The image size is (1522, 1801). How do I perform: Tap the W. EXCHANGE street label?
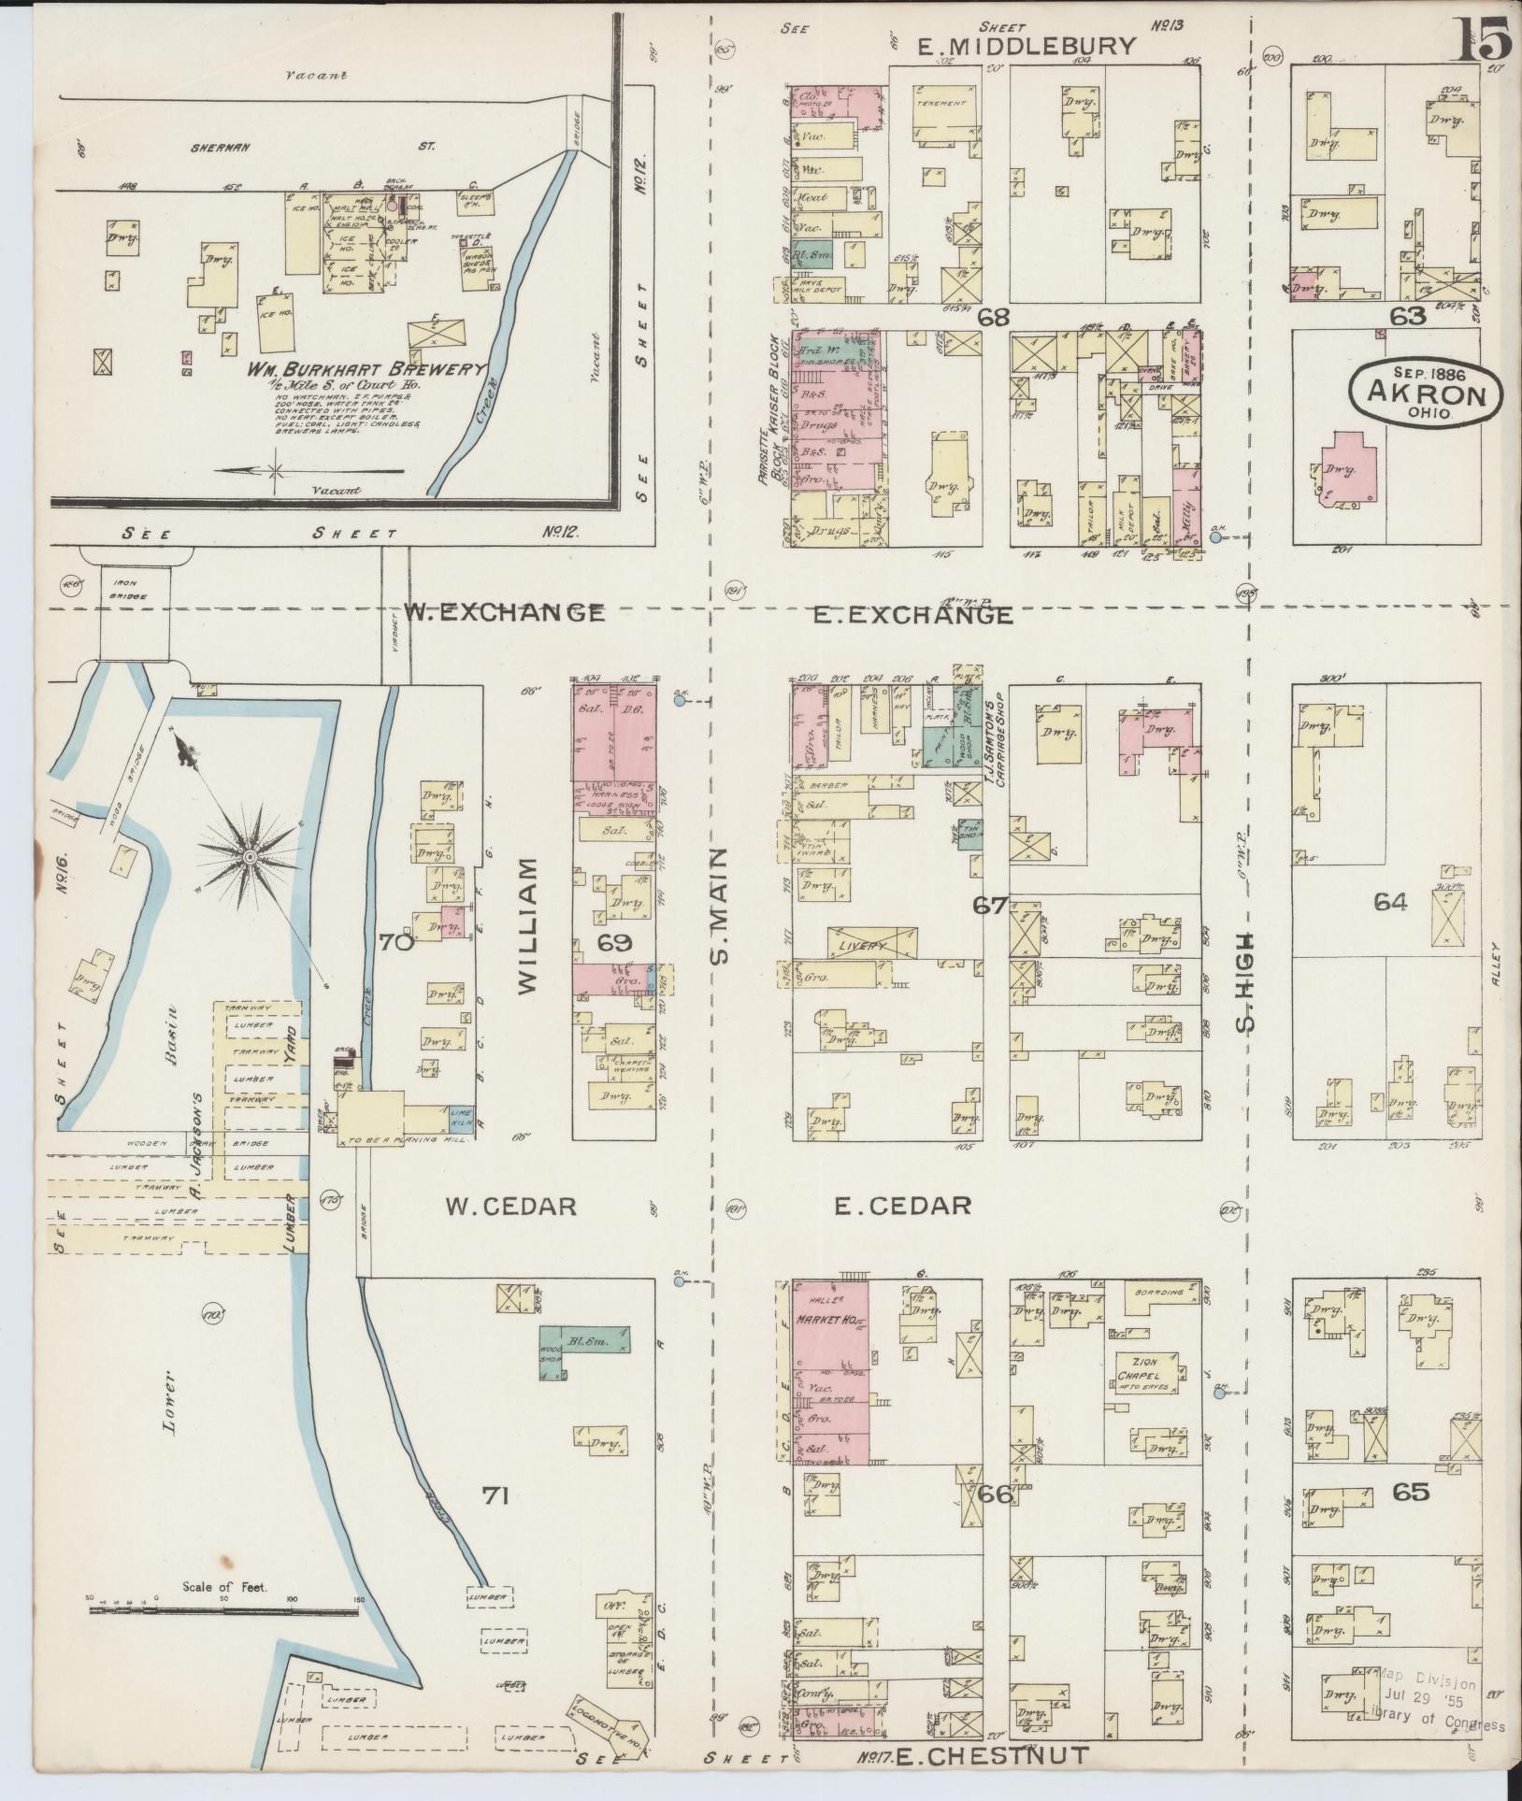pos(504,613)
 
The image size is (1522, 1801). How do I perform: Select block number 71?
pos(495,1496)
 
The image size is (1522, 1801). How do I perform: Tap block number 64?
pos(1390,902)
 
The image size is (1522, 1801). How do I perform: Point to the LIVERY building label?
pos(869,947)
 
